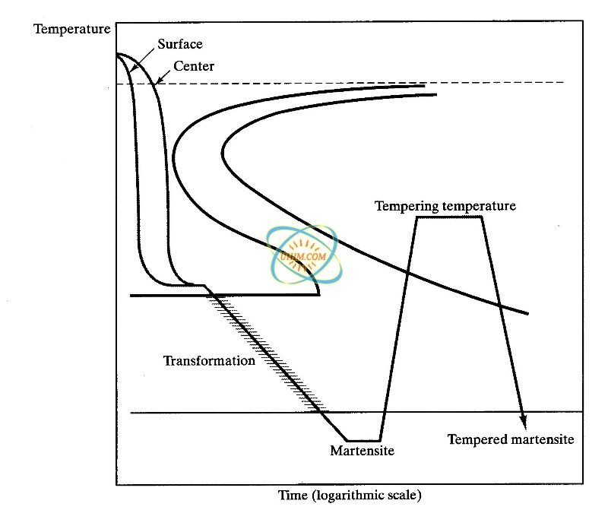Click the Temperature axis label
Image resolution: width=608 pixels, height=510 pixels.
point(72,30)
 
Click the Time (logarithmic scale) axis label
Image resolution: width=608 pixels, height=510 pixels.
point(350,495)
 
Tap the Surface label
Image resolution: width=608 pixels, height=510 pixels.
point(179,45)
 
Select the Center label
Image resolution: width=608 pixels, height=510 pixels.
point(194,66)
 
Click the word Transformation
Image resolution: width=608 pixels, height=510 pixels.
point(209,360)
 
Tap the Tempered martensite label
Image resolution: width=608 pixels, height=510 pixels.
point(510,439)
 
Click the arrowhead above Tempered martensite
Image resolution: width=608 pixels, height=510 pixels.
point(522,420)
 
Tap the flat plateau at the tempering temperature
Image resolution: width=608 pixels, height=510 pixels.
point(449,217)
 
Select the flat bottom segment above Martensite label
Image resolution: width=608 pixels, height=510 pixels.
point(363,440)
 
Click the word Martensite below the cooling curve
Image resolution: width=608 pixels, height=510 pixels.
point(362,451)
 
